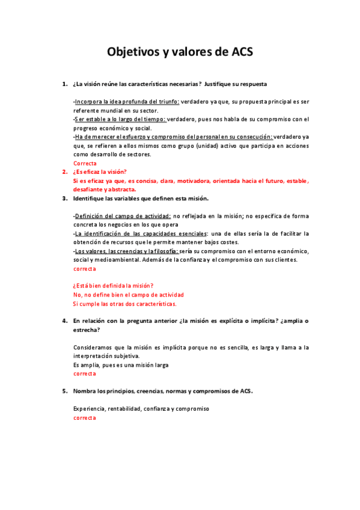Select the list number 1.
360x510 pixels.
tap(64, 84)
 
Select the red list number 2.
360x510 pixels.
tap(64, 171)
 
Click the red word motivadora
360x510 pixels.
tap(195, 180)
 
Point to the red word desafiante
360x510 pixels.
tap(88, 189)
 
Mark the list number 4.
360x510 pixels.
tap(64, 321)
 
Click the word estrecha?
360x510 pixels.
tap(87, 330)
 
